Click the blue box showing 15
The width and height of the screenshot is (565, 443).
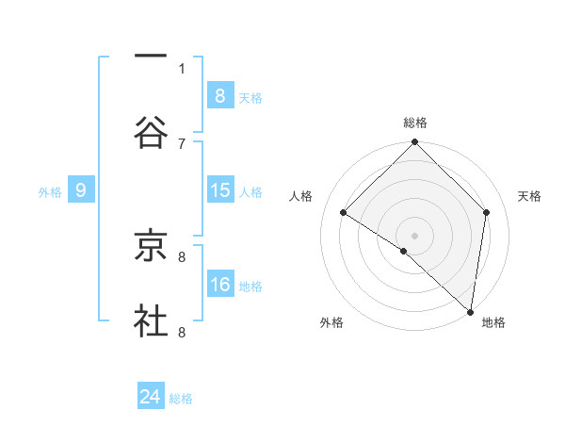[220, 190]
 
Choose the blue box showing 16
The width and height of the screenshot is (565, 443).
[220, 285]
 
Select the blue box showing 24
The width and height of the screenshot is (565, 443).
[151, 397]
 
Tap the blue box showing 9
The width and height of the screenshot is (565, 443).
[81, 190]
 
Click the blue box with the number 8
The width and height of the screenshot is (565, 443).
[220, 95]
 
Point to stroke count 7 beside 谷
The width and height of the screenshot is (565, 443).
[182, 143]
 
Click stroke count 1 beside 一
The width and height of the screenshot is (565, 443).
[182, 68]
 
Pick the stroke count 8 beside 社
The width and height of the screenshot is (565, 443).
[182, 332]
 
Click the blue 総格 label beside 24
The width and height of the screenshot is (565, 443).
[182, 399]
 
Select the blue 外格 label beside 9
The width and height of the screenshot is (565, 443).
[50, 192]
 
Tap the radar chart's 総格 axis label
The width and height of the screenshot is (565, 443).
[415, 123]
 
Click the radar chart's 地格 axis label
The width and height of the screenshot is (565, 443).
[493, 322]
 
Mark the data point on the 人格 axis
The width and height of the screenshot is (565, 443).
[344, 212]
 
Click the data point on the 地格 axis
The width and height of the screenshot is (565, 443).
[470, 310]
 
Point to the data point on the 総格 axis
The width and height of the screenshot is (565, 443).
[415, 143]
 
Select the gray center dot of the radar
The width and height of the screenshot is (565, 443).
[415, 235]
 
